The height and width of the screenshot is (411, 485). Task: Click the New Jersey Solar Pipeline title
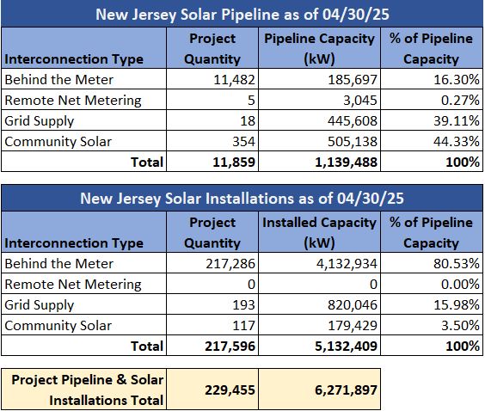point(242,15)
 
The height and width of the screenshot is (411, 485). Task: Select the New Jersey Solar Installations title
point(242,199)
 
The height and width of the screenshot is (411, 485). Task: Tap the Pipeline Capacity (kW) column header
point(319,48)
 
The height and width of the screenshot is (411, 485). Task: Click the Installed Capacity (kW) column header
point(319,232)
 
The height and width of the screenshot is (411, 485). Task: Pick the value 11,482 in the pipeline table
point(234,80)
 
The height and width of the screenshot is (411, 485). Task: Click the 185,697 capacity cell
point(353,80)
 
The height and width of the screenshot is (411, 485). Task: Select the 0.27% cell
point(460,101)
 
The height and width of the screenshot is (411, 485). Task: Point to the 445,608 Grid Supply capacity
point(353,121)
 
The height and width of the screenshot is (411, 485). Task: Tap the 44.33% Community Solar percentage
point(457,141)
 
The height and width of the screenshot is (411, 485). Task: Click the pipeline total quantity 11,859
point(234,162)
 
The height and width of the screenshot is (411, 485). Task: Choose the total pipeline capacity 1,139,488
point(346,162)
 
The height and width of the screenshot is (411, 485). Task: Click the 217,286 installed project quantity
point(230,264)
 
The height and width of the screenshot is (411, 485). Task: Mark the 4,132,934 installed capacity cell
point(347,264)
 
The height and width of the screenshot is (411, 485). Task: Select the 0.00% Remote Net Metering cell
point(460,285)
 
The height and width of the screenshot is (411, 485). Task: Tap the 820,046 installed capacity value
point(353,305)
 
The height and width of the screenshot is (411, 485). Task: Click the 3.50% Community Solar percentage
point(460,325)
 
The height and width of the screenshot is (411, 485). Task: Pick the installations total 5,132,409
point(346,346)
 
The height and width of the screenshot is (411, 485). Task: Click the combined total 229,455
point(230,390)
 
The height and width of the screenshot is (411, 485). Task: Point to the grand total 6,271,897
point(346,390)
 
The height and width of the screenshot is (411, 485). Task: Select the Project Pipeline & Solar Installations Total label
point(87,390)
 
